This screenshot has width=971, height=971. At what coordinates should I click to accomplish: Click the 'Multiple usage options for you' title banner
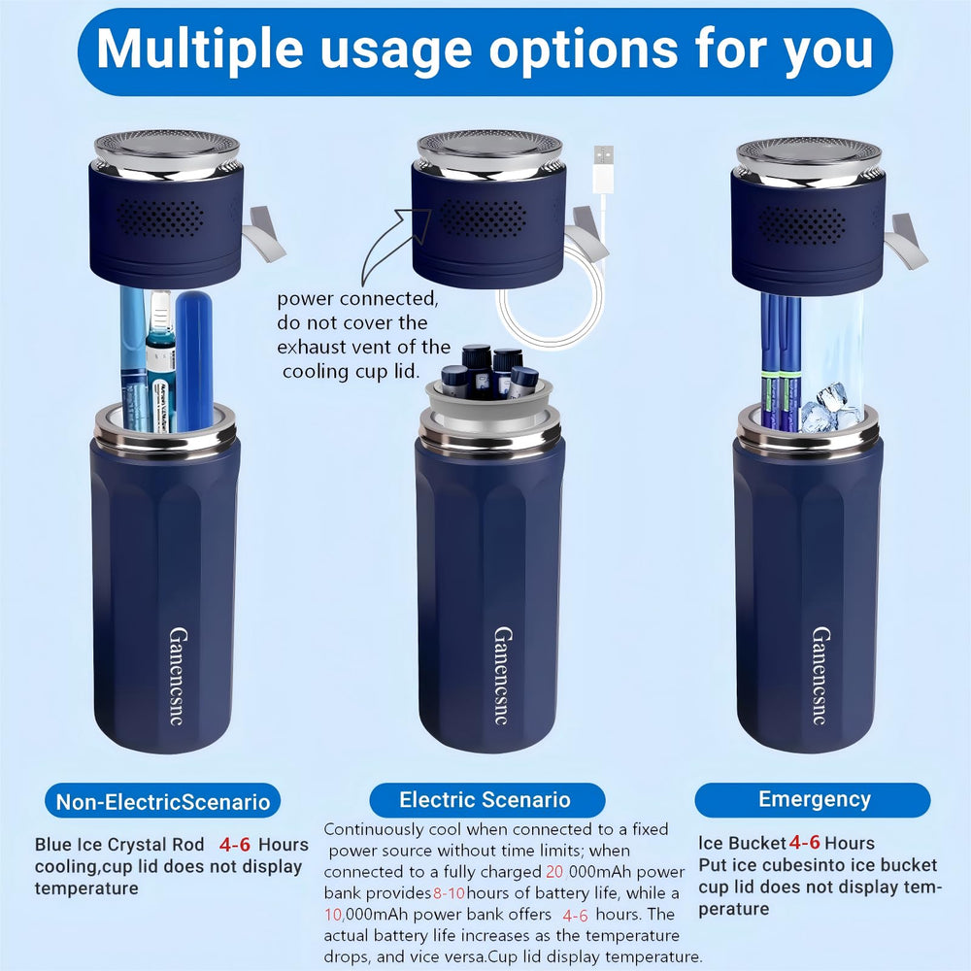pos(485,50)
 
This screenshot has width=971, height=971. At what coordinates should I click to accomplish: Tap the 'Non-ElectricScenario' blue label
pos(163,801)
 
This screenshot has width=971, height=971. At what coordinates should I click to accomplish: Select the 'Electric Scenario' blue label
pos(486,799)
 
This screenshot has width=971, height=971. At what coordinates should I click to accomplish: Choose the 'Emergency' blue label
pos(813,799)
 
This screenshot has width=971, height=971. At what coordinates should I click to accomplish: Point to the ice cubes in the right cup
pos(828,408)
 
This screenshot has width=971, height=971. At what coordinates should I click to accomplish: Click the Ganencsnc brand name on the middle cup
pos(503,676)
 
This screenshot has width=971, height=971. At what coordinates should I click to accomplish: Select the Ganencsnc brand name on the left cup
pos(179,676)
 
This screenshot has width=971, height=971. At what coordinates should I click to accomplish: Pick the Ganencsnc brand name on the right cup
pos(821,676)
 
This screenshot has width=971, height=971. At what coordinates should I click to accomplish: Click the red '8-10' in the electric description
pos(449,893)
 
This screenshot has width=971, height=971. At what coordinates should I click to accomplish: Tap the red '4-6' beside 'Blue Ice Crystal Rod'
pos(235,845)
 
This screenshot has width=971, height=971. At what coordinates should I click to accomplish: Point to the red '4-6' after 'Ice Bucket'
pos(804,842)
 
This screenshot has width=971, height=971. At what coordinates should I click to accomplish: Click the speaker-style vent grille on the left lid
pos(160,218)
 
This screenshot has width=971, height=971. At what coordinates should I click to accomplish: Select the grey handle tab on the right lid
pos(906,241)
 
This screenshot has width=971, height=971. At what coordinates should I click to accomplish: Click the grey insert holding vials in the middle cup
pos(489,409)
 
